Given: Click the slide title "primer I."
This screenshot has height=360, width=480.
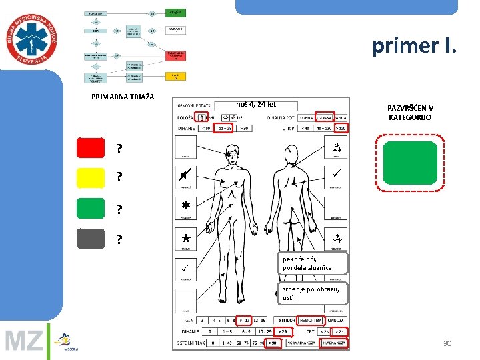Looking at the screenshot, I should [x=415, y=46].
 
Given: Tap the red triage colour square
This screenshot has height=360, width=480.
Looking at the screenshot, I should [x=91, y=148].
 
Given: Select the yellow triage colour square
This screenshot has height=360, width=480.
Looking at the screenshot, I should [x=91, y=177].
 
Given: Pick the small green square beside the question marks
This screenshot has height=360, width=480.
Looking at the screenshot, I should [x=91, y=209].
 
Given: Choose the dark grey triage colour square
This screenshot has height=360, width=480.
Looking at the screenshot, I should [x=91, y=238].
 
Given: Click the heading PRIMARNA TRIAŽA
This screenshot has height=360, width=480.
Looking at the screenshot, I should [x=123, y=97].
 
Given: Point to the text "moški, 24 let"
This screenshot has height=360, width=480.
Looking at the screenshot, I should [x=255, y=104].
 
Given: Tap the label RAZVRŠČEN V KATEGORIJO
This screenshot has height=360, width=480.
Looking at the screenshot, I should [x=411, y=113].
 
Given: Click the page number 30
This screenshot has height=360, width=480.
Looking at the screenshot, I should [x=447, y=343].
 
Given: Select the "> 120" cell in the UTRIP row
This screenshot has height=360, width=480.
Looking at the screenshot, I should [x=341, y=128].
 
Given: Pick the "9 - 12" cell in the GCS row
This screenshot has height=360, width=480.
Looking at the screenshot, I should [x=243, y=319].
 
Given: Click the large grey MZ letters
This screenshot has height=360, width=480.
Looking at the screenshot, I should [x=24, y=342].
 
